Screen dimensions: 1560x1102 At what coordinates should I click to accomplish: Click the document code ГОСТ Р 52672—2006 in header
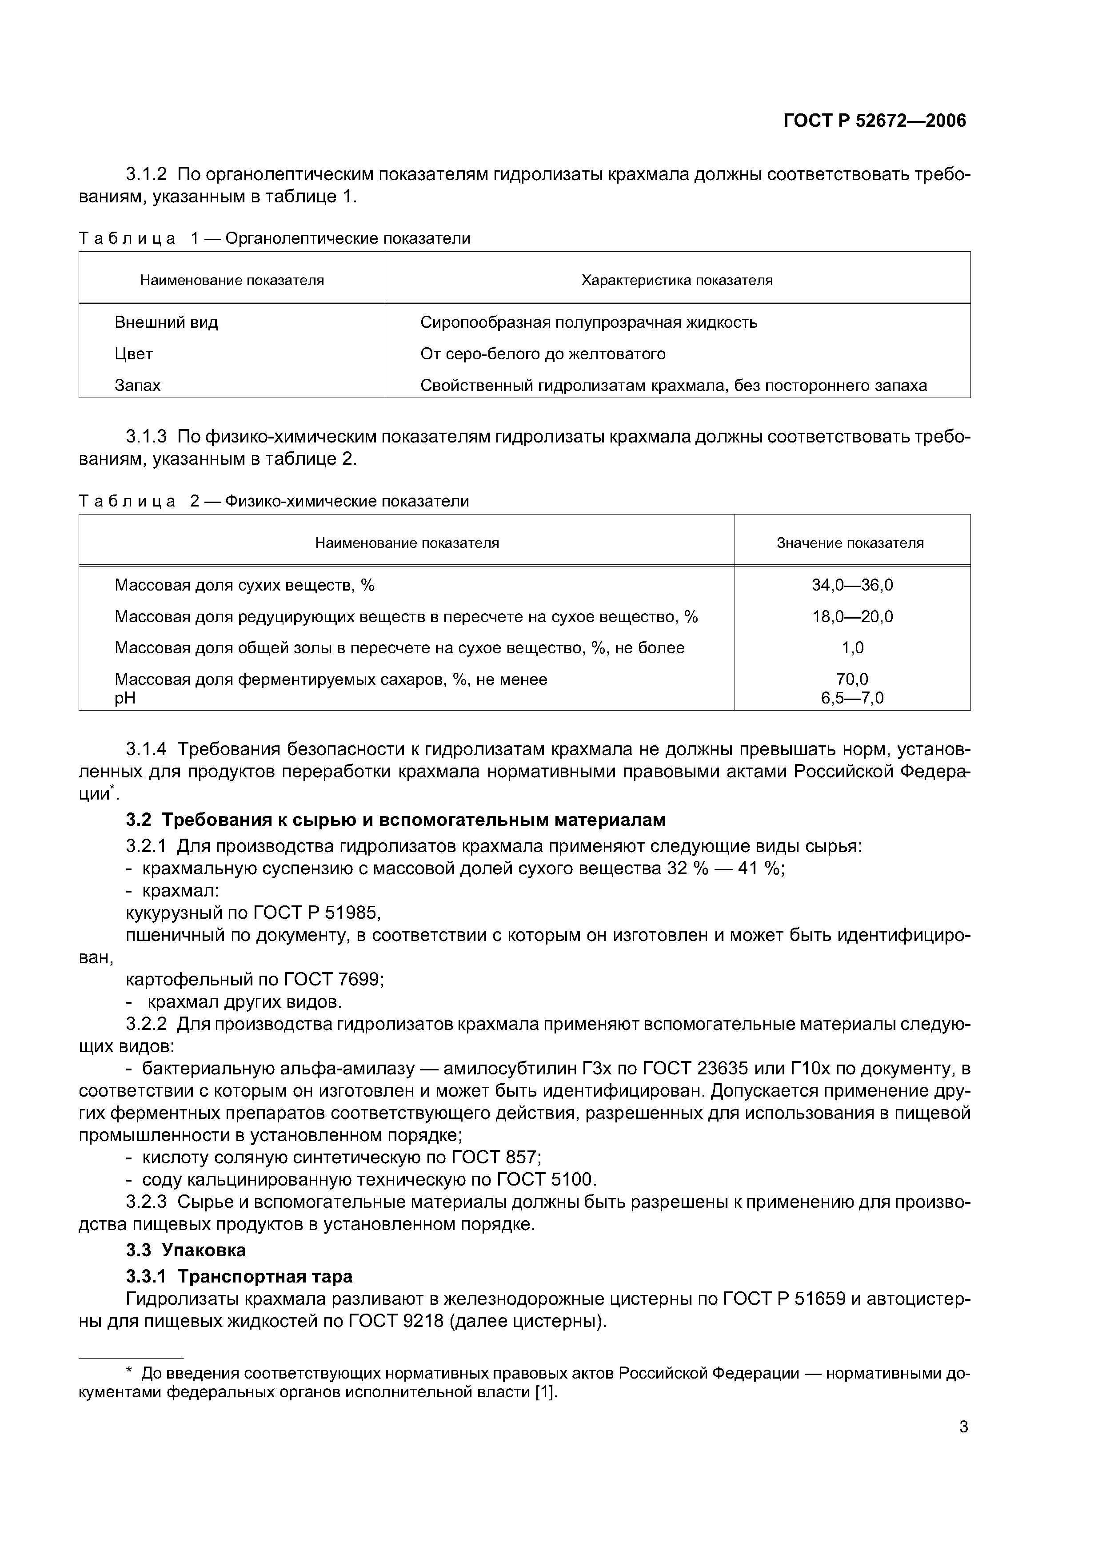pos(874,121)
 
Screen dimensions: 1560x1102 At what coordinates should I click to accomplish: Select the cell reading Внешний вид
pos(166,322)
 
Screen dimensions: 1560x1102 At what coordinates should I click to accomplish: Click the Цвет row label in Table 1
pos(134,354)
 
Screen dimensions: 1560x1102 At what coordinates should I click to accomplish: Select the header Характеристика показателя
pos(677,280)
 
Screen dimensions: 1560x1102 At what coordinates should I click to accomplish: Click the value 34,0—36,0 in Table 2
pos(852,585)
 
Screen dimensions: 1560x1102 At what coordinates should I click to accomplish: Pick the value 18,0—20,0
pos(852,617)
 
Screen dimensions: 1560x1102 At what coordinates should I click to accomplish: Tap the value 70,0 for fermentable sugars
pos(852,679)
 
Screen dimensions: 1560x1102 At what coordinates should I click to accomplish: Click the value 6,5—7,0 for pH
pos(852,698)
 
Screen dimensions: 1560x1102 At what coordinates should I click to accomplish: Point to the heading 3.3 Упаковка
pos(186,1250)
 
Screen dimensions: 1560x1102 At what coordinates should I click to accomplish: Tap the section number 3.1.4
pos(146,749)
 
